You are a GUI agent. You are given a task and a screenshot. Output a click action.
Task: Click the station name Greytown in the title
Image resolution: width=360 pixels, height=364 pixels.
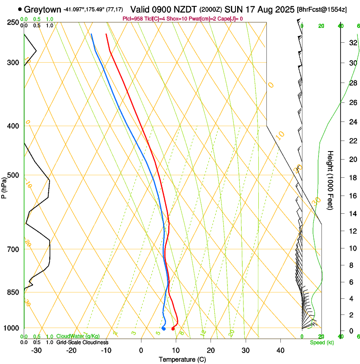(x=43, y=9)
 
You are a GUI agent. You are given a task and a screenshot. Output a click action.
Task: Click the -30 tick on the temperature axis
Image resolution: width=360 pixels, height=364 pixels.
(x=36, y=350)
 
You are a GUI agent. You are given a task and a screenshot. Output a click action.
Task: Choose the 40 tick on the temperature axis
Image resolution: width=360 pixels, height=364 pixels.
(x=280, y=350)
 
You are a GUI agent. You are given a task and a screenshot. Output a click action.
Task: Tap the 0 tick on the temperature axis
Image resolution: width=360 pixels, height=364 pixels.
(x=141, y=350)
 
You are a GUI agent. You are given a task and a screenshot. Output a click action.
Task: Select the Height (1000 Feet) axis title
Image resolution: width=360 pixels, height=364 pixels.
(x=331, y=180)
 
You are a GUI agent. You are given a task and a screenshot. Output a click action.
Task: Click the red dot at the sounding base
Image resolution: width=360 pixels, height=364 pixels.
(x=173, y=329)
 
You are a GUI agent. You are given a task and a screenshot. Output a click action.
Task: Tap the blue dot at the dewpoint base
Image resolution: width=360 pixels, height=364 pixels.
(x=163, y=329)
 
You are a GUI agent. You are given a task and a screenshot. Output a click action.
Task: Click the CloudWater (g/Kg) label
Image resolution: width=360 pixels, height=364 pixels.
(x=78, y=336)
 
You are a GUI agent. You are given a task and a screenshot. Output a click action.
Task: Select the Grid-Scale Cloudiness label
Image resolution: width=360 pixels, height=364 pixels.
(x=83, y=342)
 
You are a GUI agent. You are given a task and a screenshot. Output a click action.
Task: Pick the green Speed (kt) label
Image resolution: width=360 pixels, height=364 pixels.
(x=321, y=342)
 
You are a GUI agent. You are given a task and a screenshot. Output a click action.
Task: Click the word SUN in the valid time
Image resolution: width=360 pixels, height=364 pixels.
(x=232, y=9)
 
